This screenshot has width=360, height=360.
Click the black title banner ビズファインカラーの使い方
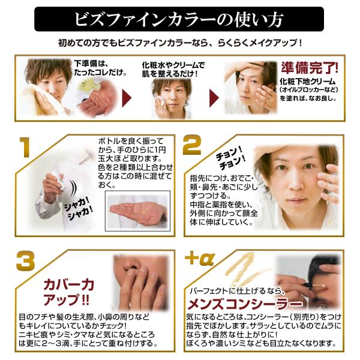pyautogui.click(x=179, y=19)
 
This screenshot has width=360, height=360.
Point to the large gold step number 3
pyautogui.click(x=25, y=261)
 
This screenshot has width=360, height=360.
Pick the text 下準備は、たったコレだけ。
pyautogui.click(x=97, y=67)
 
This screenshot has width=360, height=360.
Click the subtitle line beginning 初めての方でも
pyautogui.click(x=179, y=43)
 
